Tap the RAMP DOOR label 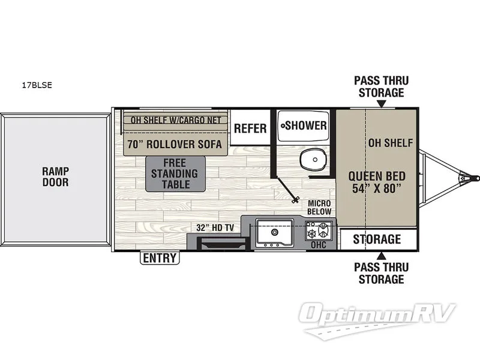click(55, 175)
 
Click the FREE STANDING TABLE click(176, 174)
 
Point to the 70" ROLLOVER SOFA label click(175, 145)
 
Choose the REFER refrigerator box click(250, 128)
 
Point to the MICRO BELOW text click(319, 207)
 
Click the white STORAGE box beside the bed click(377, 239)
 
